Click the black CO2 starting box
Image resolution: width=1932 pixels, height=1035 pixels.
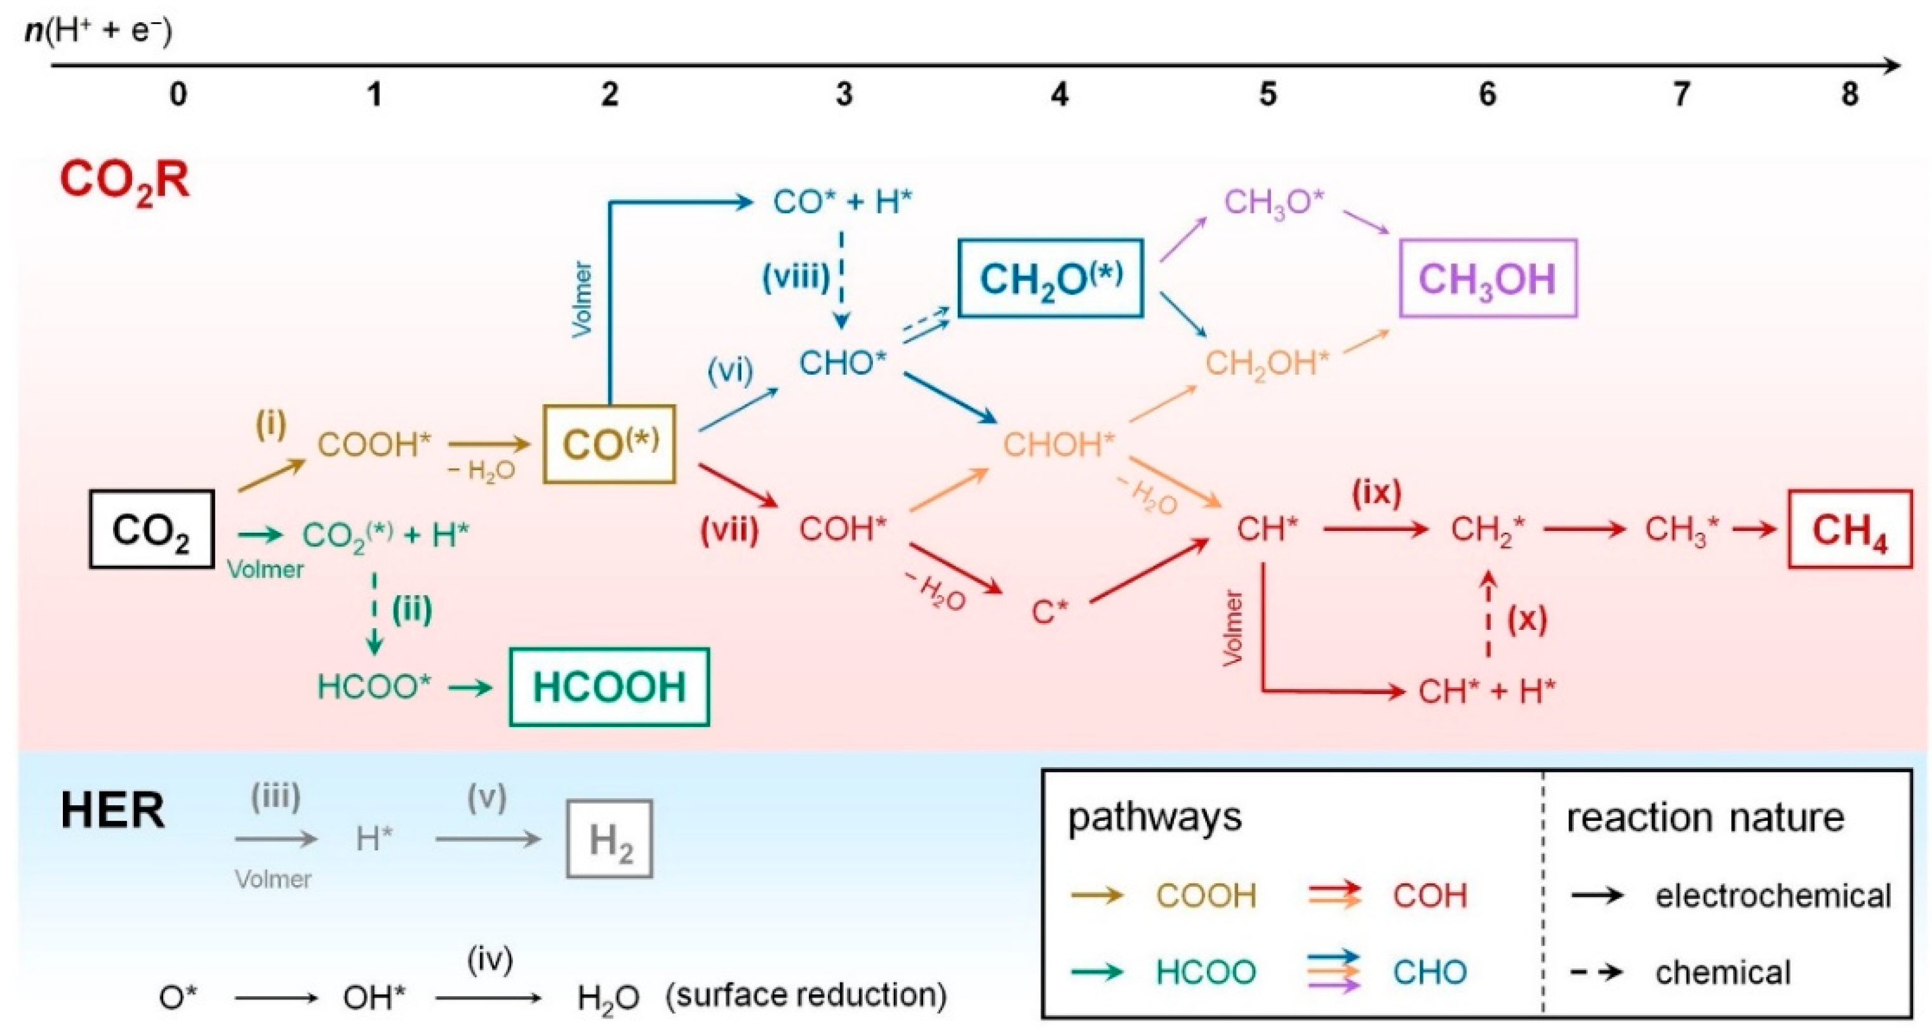(152, 530)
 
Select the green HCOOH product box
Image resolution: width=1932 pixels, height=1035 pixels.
(609, 687)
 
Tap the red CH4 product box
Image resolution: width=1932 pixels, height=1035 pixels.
(1849, 530)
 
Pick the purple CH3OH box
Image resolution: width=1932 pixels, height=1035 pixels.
(1488, 279)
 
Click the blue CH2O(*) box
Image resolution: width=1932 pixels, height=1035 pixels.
(1050, 279)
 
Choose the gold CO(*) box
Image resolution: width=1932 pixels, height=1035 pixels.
(609, 444)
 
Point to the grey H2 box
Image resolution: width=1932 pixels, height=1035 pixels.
(609, 839)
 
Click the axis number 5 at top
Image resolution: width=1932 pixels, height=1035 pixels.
(1267, 95)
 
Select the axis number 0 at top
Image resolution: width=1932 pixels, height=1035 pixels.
(178, 95)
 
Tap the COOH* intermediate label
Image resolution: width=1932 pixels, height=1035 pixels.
(373, 444)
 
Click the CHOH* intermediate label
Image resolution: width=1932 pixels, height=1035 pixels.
(1058, 444)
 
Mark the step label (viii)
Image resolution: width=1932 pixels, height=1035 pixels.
(795, 277)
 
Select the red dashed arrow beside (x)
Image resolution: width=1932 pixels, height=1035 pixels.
(1489, 615)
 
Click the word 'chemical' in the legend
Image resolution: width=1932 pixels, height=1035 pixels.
(1722, 973)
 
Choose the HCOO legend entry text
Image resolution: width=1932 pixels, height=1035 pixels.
(1205, 973)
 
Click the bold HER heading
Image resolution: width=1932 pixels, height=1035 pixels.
(112, 811)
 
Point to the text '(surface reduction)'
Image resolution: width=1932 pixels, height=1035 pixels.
(806, 996)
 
